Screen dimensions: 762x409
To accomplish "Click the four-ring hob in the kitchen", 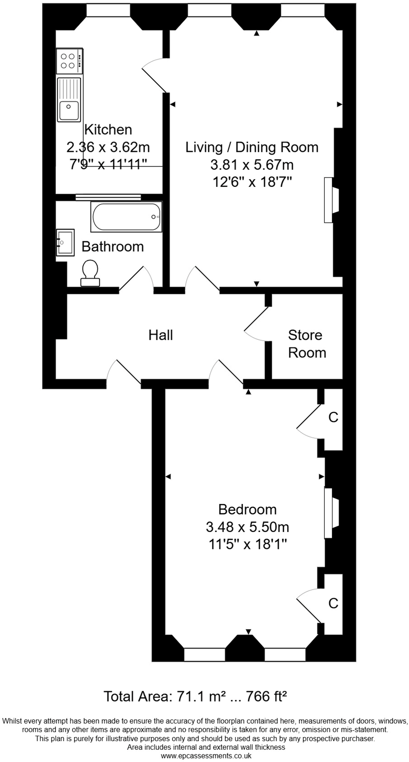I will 68,61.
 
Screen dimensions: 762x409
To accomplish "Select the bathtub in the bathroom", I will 126,217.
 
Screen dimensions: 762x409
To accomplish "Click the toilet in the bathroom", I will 90,273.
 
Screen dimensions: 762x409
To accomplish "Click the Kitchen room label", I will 108,129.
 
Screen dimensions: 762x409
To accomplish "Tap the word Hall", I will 161,335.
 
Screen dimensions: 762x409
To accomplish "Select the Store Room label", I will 306,343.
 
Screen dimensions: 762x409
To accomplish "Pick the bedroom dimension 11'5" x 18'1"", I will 247,544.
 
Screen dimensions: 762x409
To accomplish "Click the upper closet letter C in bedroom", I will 333,417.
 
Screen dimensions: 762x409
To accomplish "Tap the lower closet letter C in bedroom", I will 333,603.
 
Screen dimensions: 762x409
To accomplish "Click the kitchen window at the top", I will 108,10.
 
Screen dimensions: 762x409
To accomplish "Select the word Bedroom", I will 247,509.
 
